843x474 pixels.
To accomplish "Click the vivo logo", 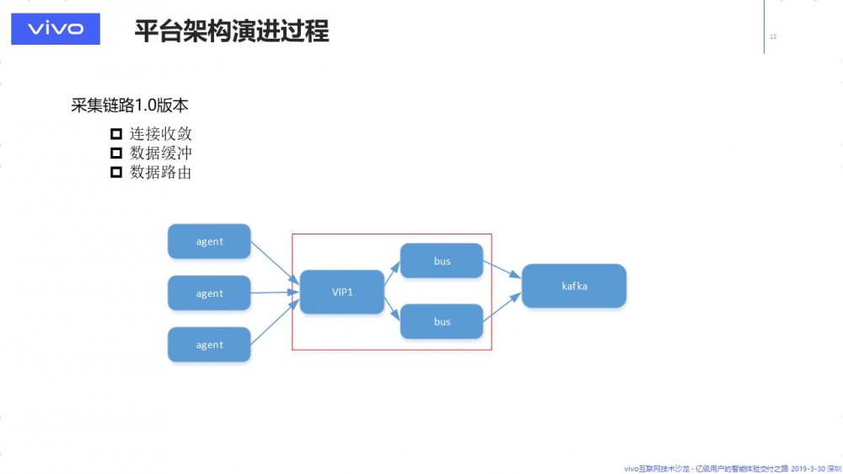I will click(56, 30).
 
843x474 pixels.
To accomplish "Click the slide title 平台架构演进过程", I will click(232, 31).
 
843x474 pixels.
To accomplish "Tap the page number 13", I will click(773, 36).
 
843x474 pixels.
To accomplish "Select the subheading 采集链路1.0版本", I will click(129, 105).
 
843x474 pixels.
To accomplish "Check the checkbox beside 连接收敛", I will click(116, 134).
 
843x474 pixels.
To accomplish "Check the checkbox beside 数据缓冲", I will click(116, 153).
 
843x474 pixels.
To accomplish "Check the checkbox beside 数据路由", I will click(116, 172).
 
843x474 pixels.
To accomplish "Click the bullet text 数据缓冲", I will click(161, 153).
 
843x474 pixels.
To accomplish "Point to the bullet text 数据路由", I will click(161, 172).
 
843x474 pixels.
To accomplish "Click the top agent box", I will click(209, 241).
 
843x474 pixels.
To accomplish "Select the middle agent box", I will click(209, 294).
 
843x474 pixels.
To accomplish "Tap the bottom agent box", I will click(209, 345).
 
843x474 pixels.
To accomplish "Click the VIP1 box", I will click(341, 292).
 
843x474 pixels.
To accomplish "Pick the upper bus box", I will click(442, 261).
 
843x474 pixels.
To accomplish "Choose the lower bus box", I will click(442, 321).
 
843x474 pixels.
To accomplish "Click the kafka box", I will click(574, 286).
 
